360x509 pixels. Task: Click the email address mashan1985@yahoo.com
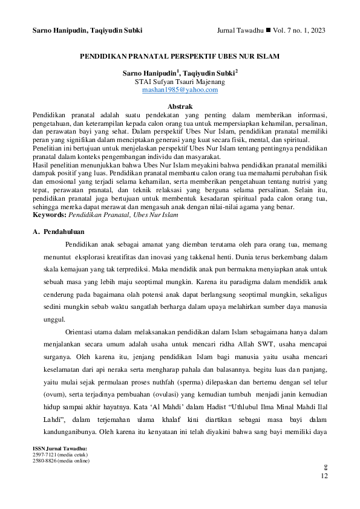(x=180, y=89)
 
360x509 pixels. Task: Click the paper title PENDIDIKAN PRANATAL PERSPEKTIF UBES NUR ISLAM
(x=180, y=56)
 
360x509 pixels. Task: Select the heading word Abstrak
(x=180, y=106)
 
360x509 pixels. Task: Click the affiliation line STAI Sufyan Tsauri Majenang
(x=180, y=81)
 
